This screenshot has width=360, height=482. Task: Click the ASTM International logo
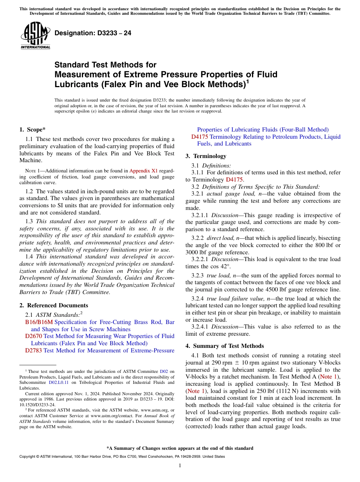pyautogui.click(x=35, y=35)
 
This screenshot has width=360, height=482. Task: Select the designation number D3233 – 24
pyautogui.click(x=93, y=33)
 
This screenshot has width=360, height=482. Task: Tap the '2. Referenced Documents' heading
pyautogui.click(x=53, y=305)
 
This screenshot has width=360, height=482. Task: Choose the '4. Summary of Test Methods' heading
pyautogui.click(x=224, y=346)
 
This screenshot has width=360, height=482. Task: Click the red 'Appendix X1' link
pyautogui.click(x=144, y=171)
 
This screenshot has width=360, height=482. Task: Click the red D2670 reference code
pyautogui.click(x=33, y=336)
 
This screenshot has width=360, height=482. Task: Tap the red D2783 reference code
pyautogui.click(x=33, y=351)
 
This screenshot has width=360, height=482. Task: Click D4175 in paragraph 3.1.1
pyautogui.click(x=234, y=180)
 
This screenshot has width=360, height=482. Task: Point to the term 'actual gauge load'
pyautogui.click(x=227, y=194)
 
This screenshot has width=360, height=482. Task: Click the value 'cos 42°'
pyautogui.click(x=219, y=266)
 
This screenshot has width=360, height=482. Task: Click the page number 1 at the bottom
pyautogui.click(x=180, y=465)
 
